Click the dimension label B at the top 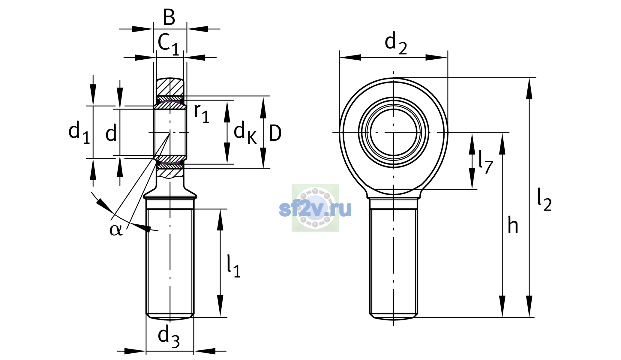coord(169,17)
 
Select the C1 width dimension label coord(168,44)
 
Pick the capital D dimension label coord(275,133)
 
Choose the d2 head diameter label coord(396,43)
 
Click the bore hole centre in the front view coord(394,132)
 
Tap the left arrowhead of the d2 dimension coord(350,57)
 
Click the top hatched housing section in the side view coord(170,87)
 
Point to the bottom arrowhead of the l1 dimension coord(220,306)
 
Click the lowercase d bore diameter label coord(111,133)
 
